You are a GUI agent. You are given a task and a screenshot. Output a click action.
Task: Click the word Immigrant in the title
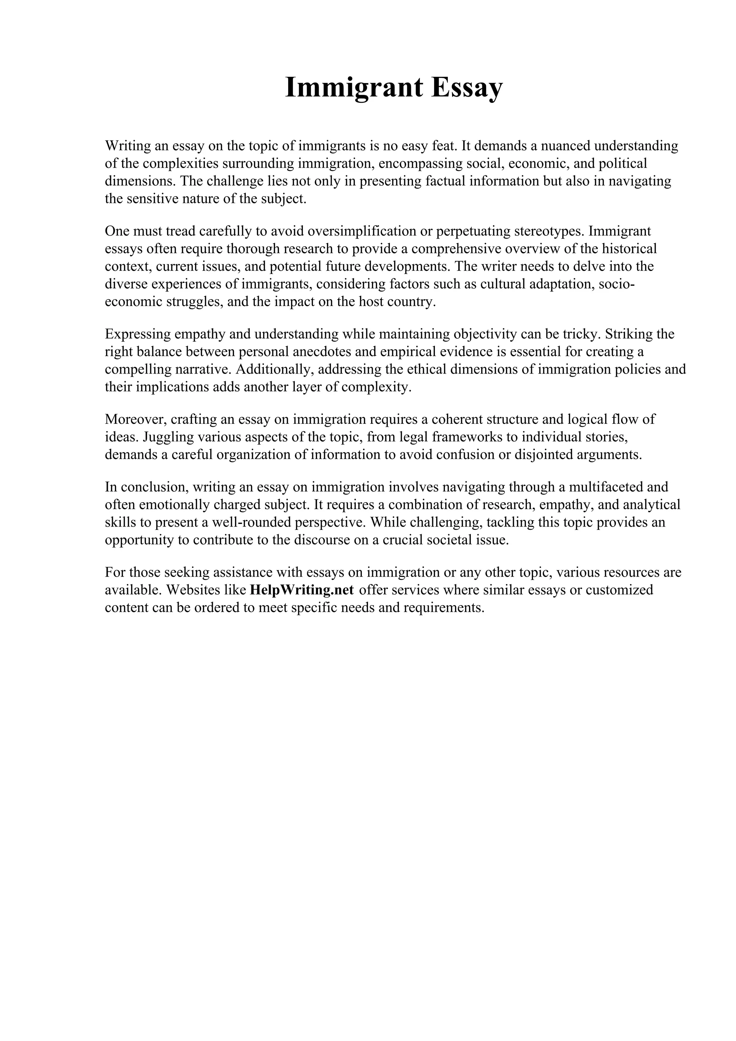click(353, 88)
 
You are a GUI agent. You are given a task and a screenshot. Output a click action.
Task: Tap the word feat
click(442, 146)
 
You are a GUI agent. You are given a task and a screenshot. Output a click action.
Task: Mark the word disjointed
click(542, 455)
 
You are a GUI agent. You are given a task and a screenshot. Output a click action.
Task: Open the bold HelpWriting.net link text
click(302, 590)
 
